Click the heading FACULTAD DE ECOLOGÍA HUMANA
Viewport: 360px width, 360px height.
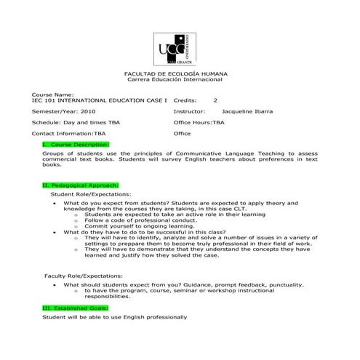tap(177, 74)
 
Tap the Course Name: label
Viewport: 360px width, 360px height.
tap(53, 95)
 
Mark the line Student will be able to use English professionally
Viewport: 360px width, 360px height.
tap(115, 317)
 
